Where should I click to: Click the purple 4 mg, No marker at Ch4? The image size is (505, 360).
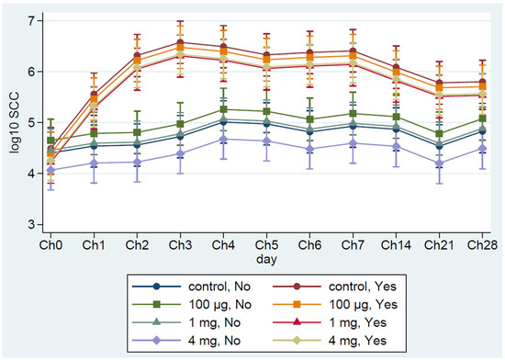click(x=223, y=139)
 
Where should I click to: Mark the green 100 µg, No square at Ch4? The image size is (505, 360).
click(x=223, y=109)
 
